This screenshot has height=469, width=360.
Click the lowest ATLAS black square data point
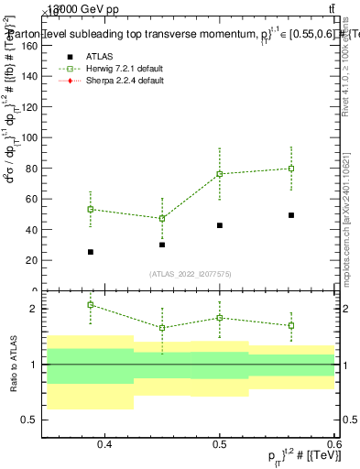coord(90,252)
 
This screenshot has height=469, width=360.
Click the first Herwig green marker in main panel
coord(90,209)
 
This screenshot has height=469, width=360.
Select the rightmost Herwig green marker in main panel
coord(291,169)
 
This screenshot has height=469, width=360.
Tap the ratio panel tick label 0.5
coord(29,420)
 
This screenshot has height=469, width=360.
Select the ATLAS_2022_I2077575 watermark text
coord(190,273)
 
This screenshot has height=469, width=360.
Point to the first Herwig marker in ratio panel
coord(90,304)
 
